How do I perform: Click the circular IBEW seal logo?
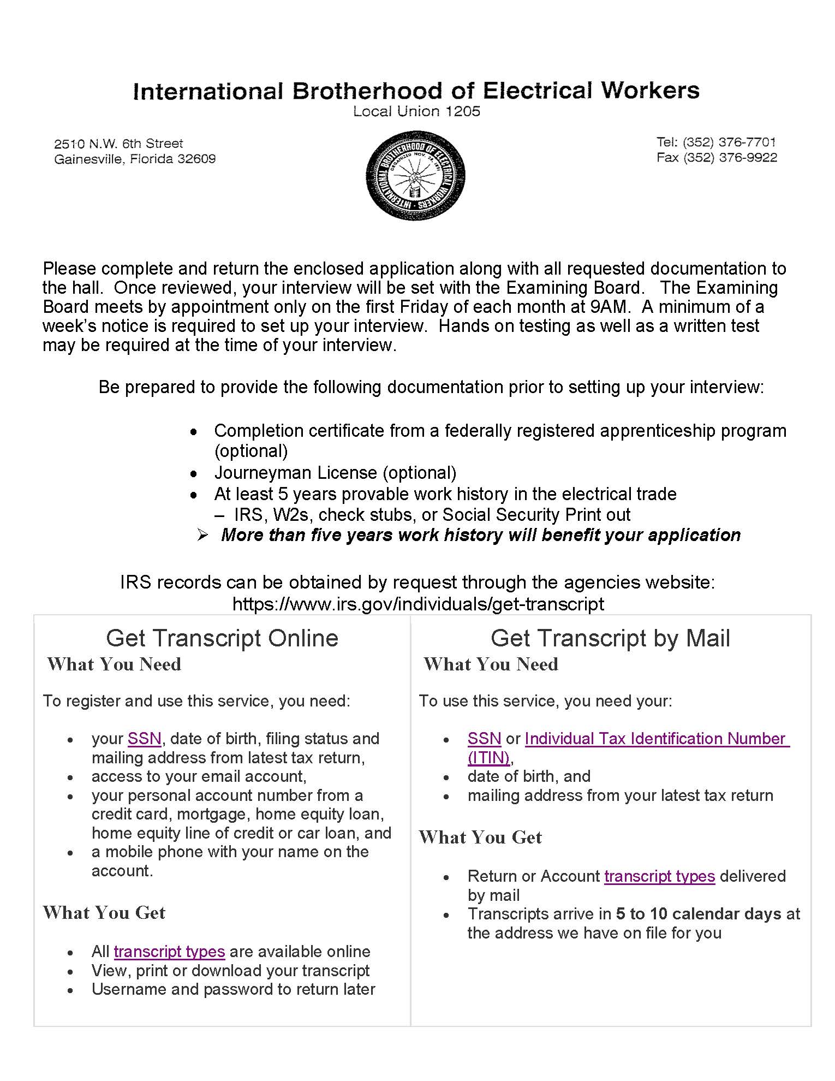(415, 175)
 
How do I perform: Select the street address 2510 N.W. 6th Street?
(118, 144)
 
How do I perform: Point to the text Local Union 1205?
(416, 111)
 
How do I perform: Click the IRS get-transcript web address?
(418, 604)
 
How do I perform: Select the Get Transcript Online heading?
(222, 638)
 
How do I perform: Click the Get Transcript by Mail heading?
(610, 638)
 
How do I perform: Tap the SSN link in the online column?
(144, 739)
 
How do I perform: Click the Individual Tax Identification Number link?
(657, 739)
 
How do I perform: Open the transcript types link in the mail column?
(659, 876)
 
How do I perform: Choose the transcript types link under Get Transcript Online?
(169, 952)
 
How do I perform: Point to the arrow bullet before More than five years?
(202, 535)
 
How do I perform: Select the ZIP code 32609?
(196, 159)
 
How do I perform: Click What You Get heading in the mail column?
(480, 838)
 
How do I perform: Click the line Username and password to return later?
(233, 989)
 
